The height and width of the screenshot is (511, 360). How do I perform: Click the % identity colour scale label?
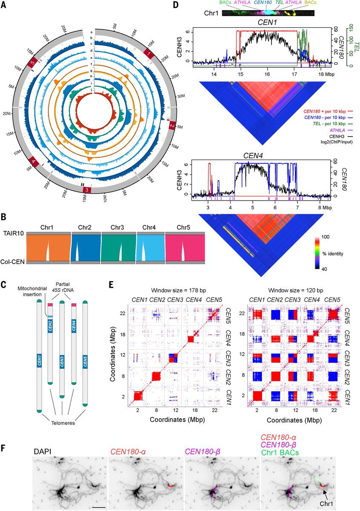point(332,253)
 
